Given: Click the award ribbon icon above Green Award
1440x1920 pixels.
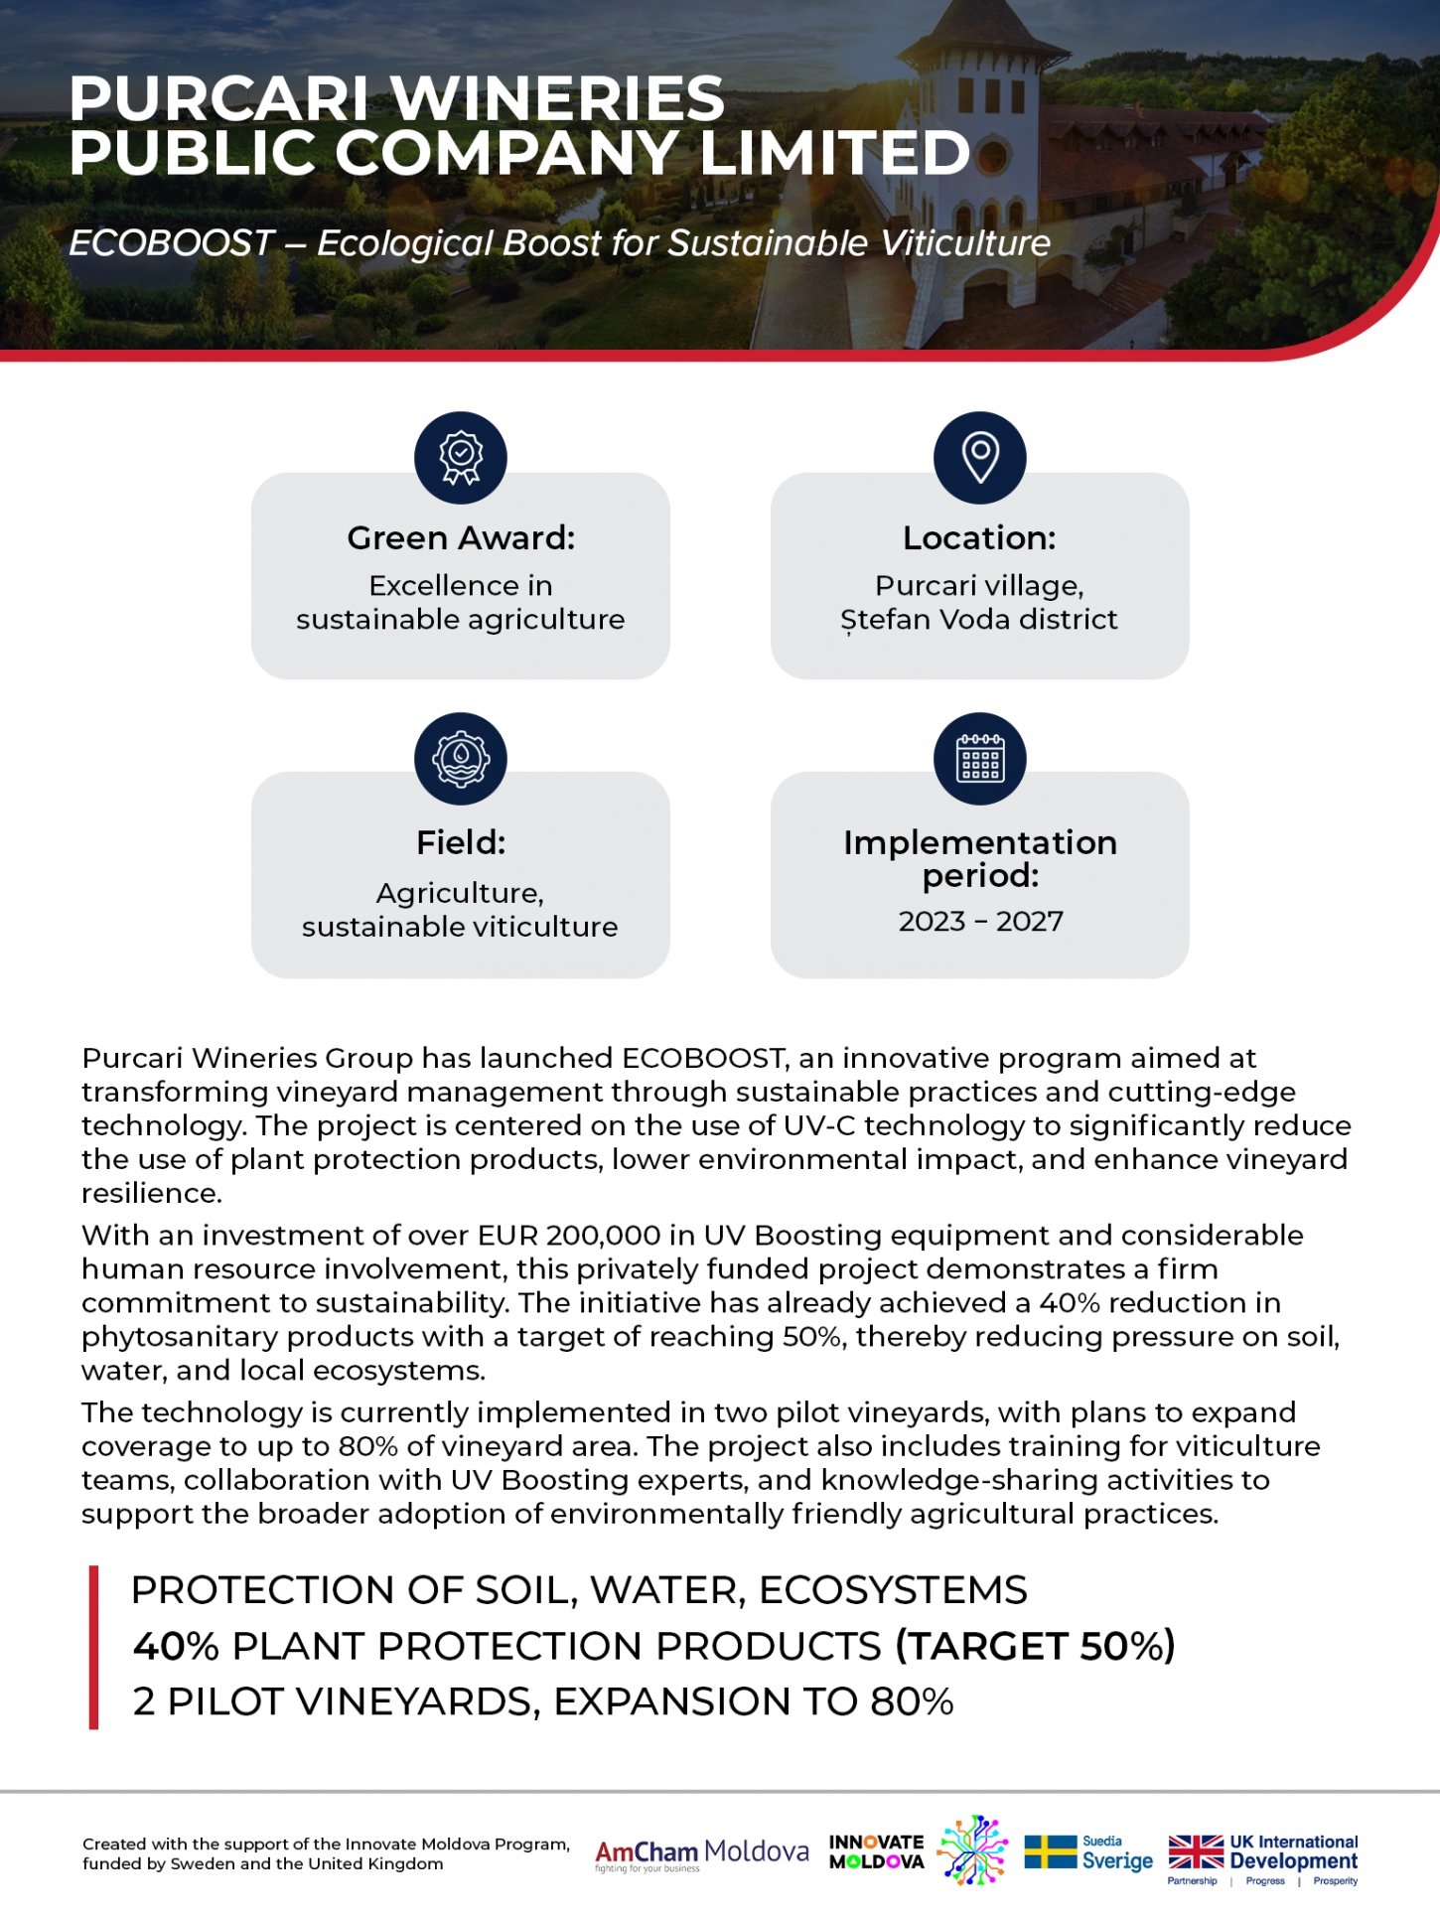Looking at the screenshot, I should [x=461, y=458].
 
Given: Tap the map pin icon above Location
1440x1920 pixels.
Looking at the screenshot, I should [x=980, y=458].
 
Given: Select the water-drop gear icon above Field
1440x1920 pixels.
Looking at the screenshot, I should [x=461, y=759].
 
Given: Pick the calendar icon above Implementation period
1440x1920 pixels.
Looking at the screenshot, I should [x=980, y=759].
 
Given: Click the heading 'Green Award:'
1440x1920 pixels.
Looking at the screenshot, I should [x=461, y=537].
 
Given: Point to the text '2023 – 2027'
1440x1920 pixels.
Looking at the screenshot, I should [x=980, y=922].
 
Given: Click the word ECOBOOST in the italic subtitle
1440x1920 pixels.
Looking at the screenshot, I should [x=171, y=242].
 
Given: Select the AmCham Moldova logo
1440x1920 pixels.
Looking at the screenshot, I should [x=701, y=1853].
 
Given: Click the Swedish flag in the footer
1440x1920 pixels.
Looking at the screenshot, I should [x=1050, y=1851].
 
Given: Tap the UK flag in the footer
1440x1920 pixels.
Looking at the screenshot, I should [x=1196, y=1851].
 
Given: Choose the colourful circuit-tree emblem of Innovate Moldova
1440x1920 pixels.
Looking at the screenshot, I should [x=972, y=1850].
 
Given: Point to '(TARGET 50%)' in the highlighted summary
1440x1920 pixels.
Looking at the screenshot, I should [x=1035, y=1646].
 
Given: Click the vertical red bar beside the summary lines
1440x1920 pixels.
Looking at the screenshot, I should [x=94, y=1647].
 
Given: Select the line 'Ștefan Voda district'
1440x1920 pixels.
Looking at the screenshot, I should [x=979, y=620].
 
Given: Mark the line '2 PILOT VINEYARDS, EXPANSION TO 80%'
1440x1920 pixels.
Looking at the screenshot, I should [x=543, y=1701].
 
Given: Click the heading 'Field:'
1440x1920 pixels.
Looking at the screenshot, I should [x=461, y=842].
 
